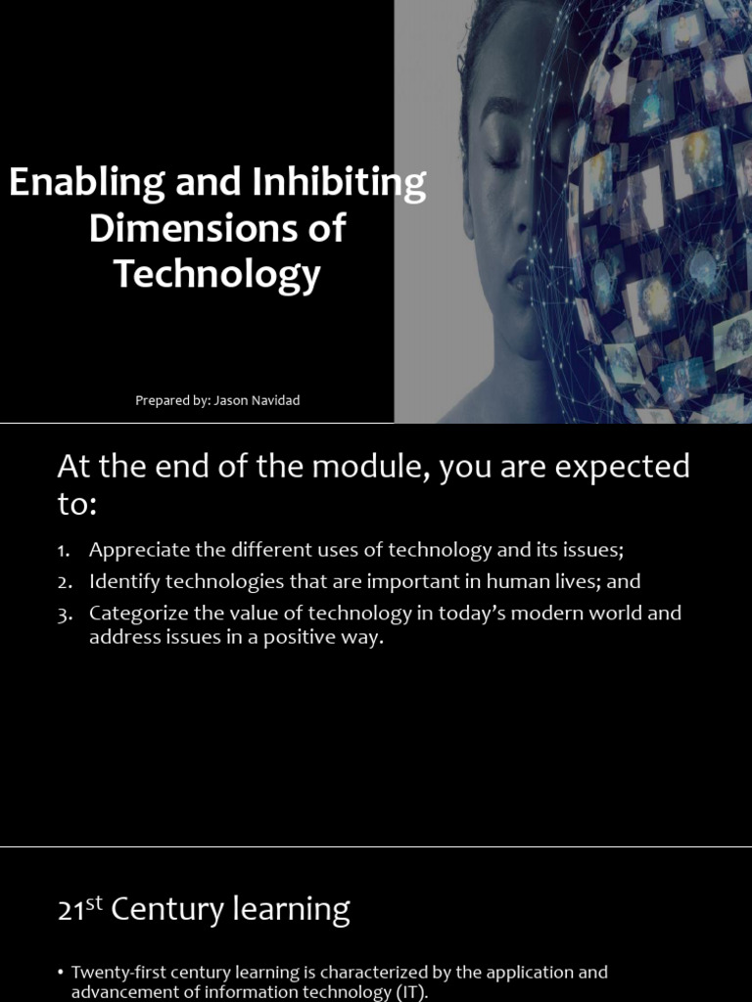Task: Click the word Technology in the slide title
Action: pyautogui.click(x=216, y=275)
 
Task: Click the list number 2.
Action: pyautogui.click(x=64, y=582)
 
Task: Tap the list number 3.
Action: pyautogui.click(x=64, y=615)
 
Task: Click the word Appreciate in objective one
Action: pyautogui.click(x=135, y=550)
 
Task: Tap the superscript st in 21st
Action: pyautogui.click(x=94, y=901)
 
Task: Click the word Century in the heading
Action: pyautogui.click(x=167, y=910)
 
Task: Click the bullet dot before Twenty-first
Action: pyautogui.click(x=62, y=973)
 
